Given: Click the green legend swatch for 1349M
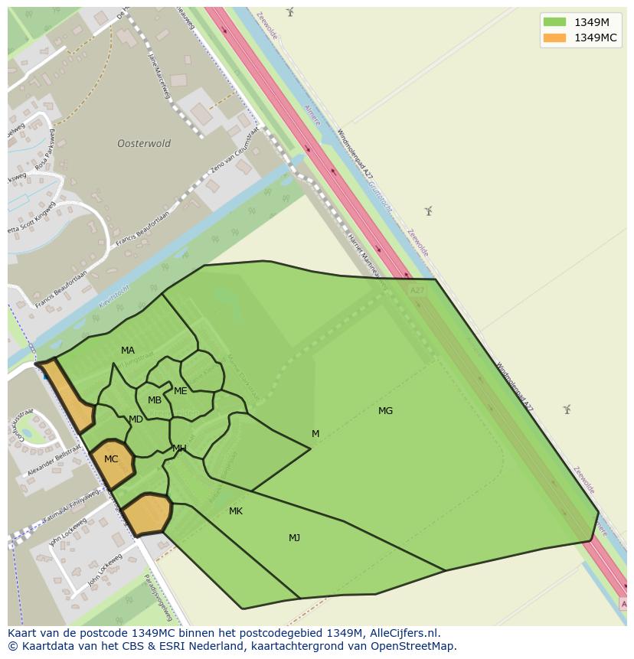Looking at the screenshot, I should (x=554, y=22).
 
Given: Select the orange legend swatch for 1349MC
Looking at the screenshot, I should (x=554, y=38).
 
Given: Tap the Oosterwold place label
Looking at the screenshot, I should (x=144, y=144).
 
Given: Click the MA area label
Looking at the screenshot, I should (x=128, y=351).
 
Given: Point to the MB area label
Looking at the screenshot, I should (x=155, y=400).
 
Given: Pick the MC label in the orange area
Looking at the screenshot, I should (x=111, y=459).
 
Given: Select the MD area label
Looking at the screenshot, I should (x=136, y=419).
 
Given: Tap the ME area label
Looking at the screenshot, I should (x=181, y=391).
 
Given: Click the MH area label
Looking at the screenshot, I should (x=179, y=449).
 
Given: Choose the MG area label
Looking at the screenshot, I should (x=385, y=411).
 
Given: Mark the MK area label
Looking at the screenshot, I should (x=236, y=511).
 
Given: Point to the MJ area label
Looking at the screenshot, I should (x=294, y=538).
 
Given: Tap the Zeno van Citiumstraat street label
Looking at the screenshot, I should (x=235, y=159).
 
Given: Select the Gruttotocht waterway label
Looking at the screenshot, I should (x=379, y=194).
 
